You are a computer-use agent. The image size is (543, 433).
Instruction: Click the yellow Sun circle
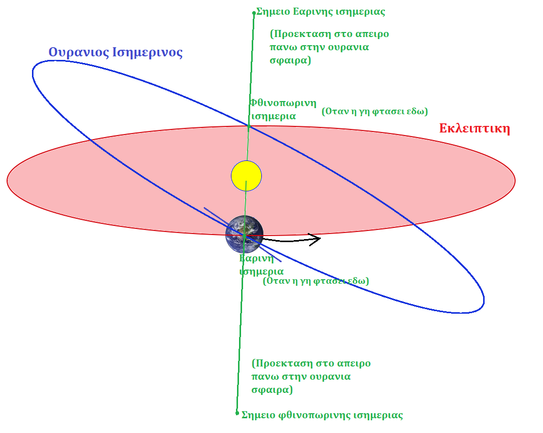(x=246, y=176)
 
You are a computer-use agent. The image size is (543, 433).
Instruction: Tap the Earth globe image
(x=244, y=234)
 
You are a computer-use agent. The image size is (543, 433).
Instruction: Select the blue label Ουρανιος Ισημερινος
(x=115, y=52)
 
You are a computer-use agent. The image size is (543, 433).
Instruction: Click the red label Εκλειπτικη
(x=474, y=128)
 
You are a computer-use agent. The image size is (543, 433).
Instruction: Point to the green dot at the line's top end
(x=254, y=13)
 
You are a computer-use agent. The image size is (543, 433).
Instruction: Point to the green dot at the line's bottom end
(x=237, y=413)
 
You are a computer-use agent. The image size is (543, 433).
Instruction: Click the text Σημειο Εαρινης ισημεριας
(x=321, y=11)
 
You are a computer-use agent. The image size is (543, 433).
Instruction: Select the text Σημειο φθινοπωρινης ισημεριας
(x=322, y=415)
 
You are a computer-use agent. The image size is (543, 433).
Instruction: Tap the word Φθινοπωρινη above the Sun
(x=283, y=103)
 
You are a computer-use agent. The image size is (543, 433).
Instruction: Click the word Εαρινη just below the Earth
(x=256, y=258)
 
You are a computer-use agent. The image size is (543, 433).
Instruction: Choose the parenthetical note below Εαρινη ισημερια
(x=316, y=281)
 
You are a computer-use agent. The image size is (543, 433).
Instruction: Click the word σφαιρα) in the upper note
(x=291, y=60)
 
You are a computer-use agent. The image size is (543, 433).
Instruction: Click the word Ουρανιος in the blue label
(x=75, y=52)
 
